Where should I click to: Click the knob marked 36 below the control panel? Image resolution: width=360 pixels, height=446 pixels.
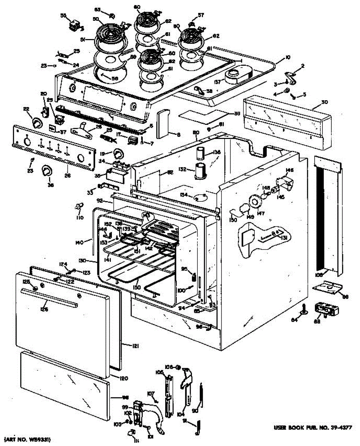pyautogui.click(x=46, y=171)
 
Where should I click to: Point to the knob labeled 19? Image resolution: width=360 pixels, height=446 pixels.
pyautogui.click(x=118, y=153)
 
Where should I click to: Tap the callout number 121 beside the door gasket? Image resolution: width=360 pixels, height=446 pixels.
pyautogui.click(x=134, y=346)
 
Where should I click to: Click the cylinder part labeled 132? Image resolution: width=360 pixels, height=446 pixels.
pyautogui.click(x=200, y=171)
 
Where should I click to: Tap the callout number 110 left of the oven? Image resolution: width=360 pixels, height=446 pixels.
pyautogui.click(x=80, y=217)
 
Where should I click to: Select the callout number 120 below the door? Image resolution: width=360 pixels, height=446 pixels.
pyautogui.click(x=123, y=378)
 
